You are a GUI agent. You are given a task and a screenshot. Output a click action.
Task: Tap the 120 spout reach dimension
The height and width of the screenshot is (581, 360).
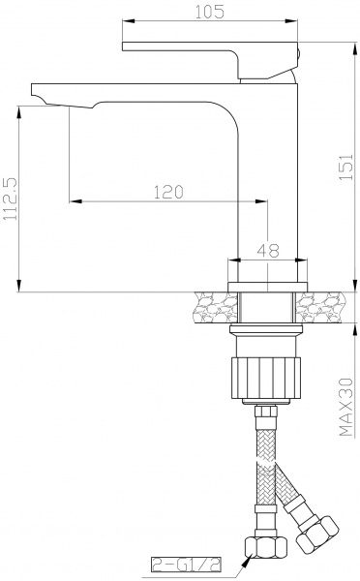coord(168,192)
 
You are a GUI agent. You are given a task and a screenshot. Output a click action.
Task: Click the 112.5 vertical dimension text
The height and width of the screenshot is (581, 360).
coord(10,200)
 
